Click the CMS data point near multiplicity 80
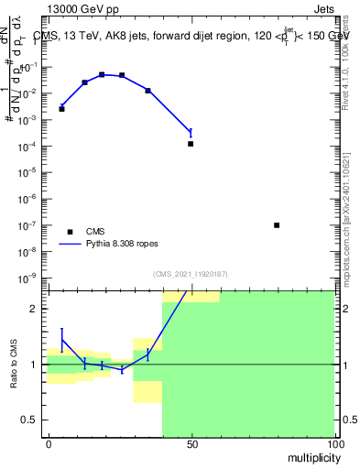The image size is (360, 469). pyautogui.click(x=277, y=225)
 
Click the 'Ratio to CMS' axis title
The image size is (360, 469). pyautogui.click(x=14, y=364)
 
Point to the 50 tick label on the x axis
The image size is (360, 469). pyautogui.click(x=191, y=444)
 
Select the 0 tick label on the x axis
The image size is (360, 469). pyautogui.click(x=48, y=444)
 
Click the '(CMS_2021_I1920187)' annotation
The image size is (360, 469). pyautogui.click(x=191, y=273)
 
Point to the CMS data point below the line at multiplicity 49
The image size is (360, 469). pyautogui.click(x=191, y=144)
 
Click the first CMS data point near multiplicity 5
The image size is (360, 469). pyautogui.click(x=61, y=109)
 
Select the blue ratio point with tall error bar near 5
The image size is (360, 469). pyautogui.click(x=61, y=341)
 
